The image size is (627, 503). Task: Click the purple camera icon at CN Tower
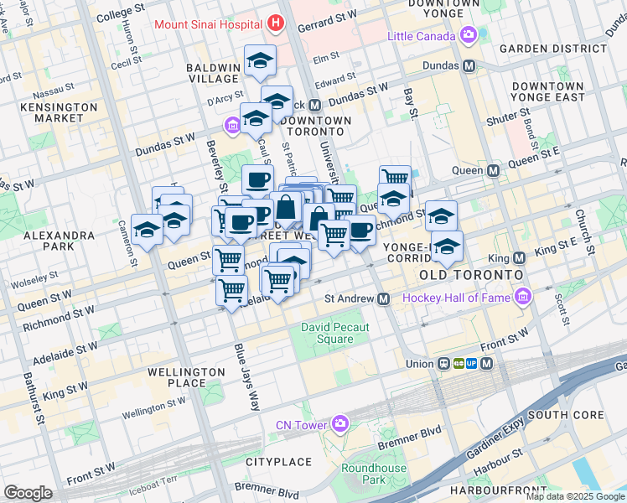point(339,424)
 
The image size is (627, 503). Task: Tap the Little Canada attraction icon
point(469,36)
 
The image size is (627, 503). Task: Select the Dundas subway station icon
point(469,65)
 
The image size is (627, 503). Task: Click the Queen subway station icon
point(494,170)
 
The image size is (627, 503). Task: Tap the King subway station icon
point(519,257)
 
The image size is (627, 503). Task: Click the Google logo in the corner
point(28,493)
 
